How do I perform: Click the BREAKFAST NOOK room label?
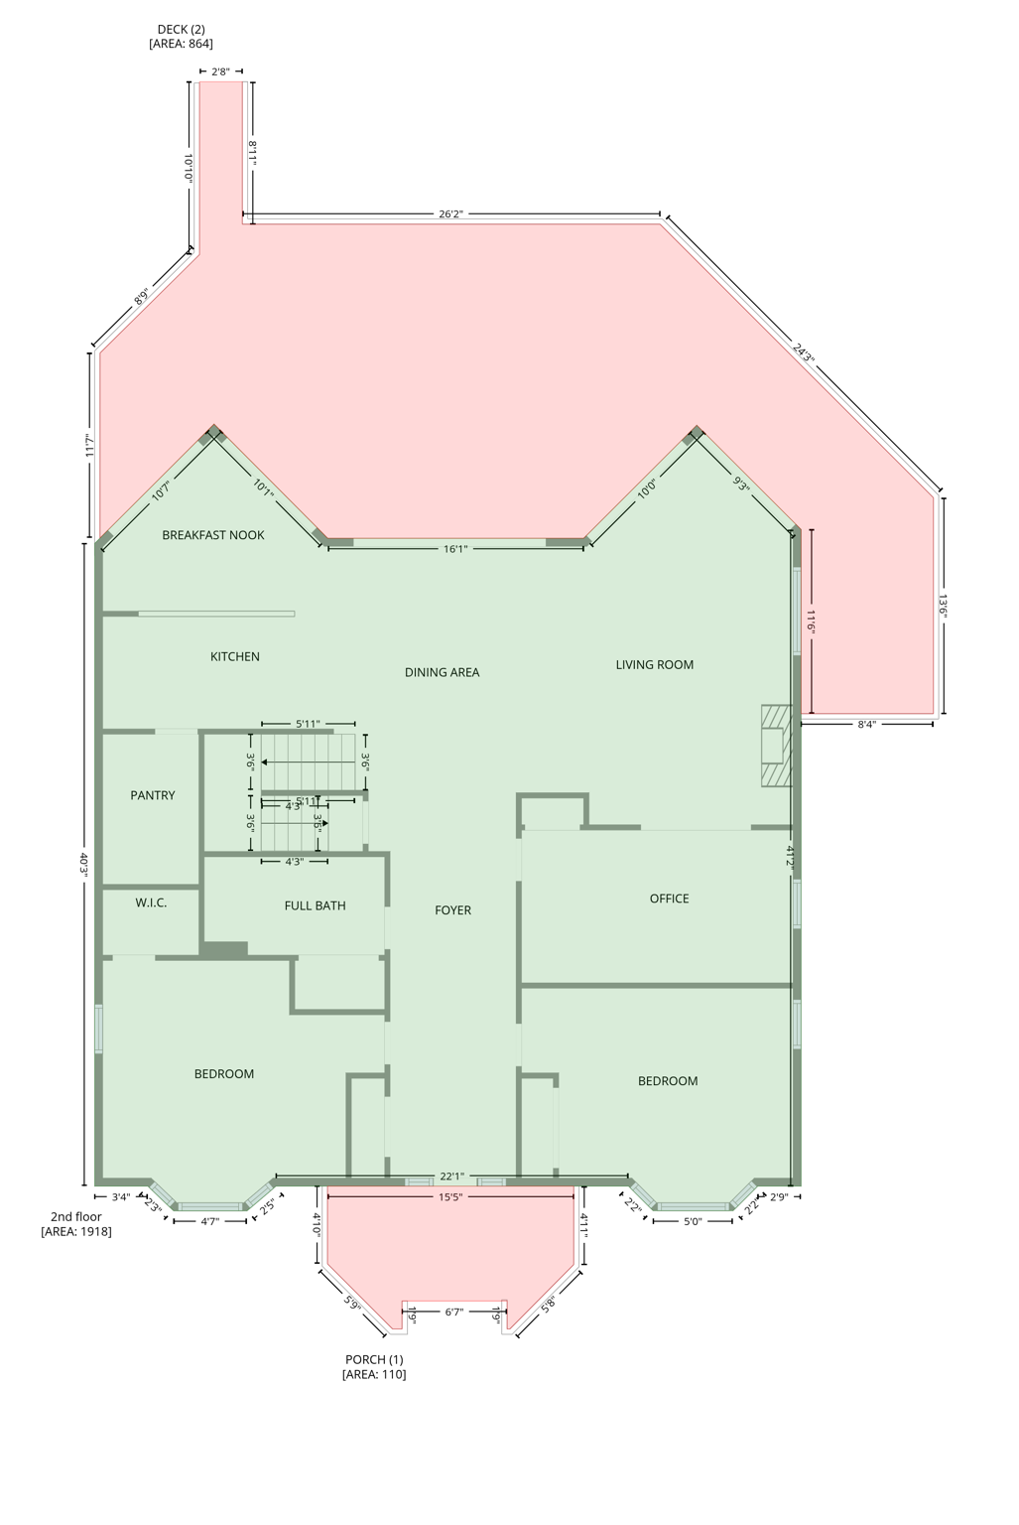[x=213, y=535]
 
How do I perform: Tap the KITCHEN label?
[x=235, y=656]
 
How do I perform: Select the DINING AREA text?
[x=442, y=672]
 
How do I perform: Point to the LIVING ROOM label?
[x=654, y=665]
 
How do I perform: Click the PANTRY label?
[x=153, y=795]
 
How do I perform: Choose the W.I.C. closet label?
[x=151, y=902]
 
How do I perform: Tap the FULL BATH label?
[x=315, y=905]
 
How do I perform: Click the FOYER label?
[x=452, y=910]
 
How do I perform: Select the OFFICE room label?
[x=669, y=899]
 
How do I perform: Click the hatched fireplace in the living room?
[x=776, y=745]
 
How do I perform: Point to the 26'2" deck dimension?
[x=450, y=213]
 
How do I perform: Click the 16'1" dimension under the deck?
[x=455, y=549]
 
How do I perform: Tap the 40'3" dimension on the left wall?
[x=84, y=863]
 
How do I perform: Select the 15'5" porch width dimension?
[x=450, y=1197]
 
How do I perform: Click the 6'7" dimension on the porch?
[x=454, y=1313]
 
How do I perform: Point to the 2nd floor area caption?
[x=76, y=1224]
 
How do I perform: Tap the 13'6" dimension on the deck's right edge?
[x=943, y=606]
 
